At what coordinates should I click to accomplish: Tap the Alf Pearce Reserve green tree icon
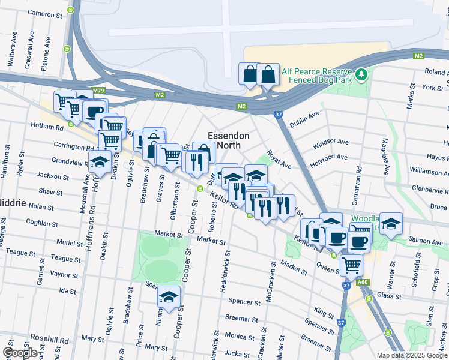coord(361,75)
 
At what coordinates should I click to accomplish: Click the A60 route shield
coord(361,283)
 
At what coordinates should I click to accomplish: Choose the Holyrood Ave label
coord(328,157)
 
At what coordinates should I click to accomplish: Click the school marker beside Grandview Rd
coord(100,161)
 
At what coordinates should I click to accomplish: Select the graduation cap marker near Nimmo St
coord(169,296)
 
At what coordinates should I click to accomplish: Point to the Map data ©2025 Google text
coord(411,355)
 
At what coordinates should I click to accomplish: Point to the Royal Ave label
coord(279,160)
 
